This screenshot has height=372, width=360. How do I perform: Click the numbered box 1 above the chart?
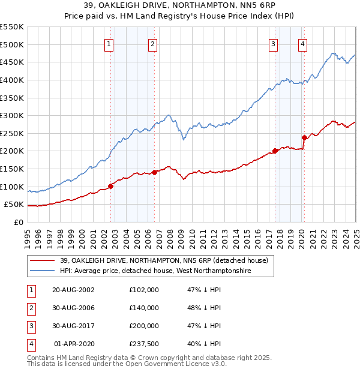[109, 44]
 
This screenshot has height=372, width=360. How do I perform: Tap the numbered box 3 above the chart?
[273, 44]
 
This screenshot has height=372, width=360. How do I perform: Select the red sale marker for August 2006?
[154, 172]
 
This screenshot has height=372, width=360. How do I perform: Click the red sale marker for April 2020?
[304, 138]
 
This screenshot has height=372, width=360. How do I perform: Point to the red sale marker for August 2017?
[275, 151]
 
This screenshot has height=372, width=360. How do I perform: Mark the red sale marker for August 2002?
[111, 186]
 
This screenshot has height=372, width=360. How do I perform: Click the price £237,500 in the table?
[143, 344]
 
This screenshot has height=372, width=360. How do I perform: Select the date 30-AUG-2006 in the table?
[74, 308]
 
